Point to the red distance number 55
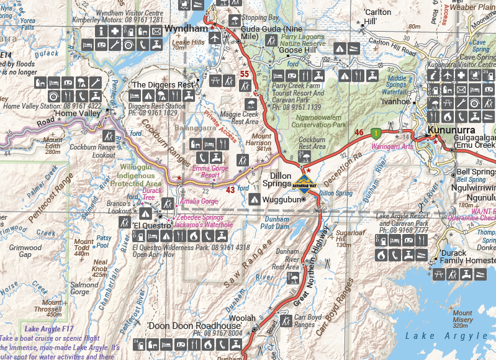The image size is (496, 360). point(245,74)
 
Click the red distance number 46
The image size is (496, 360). point(359,132)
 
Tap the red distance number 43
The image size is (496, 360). point(230,190)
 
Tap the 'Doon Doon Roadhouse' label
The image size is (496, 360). point(194,326)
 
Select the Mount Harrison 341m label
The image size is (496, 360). point(261,142)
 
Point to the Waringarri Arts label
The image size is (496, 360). point(392,147)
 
